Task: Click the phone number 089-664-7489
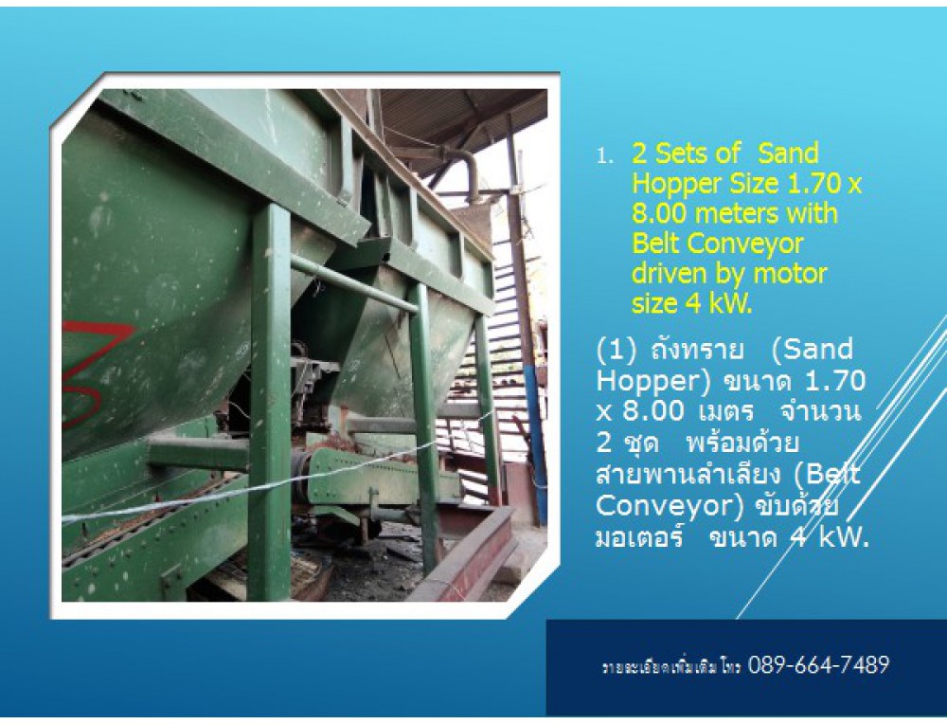[x=818, y=665]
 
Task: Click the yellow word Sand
[x=788, y=154]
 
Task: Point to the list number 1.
[x=604, y=156]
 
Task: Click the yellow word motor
[x=790, y=274]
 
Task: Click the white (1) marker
[x=616, y=351]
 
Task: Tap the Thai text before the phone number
[x=671, y=667]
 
